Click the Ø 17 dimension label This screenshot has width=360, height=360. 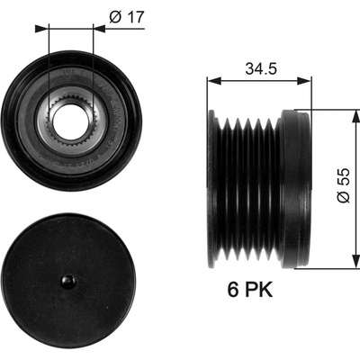point(127,17)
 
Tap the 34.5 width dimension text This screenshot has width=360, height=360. point(261,68)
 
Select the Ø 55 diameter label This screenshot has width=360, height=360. point(344,185)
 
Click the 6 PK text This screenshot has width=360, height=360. point(250,290)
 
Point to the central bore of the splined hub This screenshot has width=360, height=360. point(70,121)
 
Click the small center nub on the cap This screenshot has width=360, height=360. point(68,282)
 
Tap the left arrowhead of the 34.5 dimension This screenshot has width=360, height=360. point(214,81)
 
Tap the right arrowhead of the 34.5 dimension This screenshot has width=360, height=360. point(304,81)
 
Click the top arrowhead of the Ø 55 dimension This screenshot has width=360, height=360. point(355,117)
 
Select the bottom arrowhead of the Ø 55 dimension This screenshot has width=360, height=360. point(355,261)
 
